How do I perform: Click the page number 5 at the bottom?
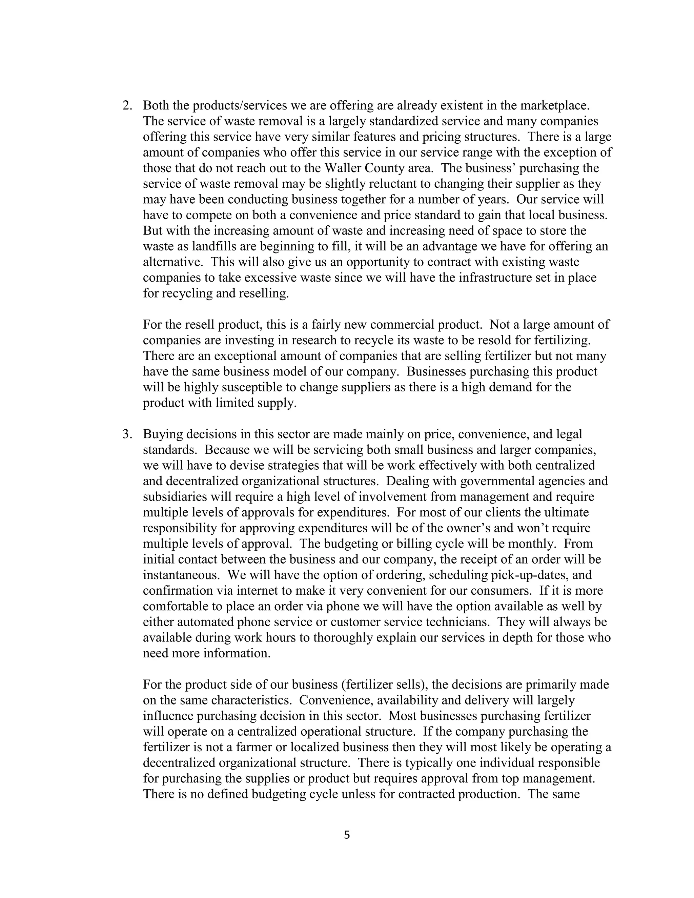[x=347, y=835]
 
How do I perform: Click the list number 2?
[x=127, y=106]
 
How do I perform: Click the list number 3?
[x=127, y=434]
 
